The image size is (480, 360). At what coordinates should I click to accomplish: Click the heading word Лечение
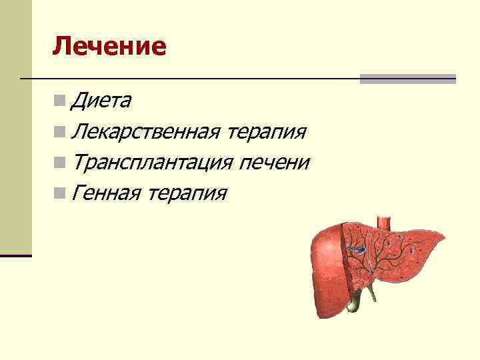pos(109,46)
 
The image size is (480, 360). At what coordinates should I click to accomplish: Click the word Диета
pos(101,101)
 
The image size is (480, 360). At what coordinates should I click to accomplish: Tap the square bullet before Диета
pos(61,101)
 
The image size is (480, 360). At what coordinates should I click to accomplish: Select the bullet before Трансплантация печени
pos(61,162)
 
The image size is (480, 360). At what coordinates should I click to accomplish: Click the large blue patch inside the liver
pos(357,249)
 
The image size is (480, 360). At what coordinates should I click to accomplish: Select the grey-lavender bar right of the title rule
pos(407,79)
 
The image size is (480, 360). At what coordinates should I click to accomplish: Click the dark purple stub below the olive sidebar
pos(15,255)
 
